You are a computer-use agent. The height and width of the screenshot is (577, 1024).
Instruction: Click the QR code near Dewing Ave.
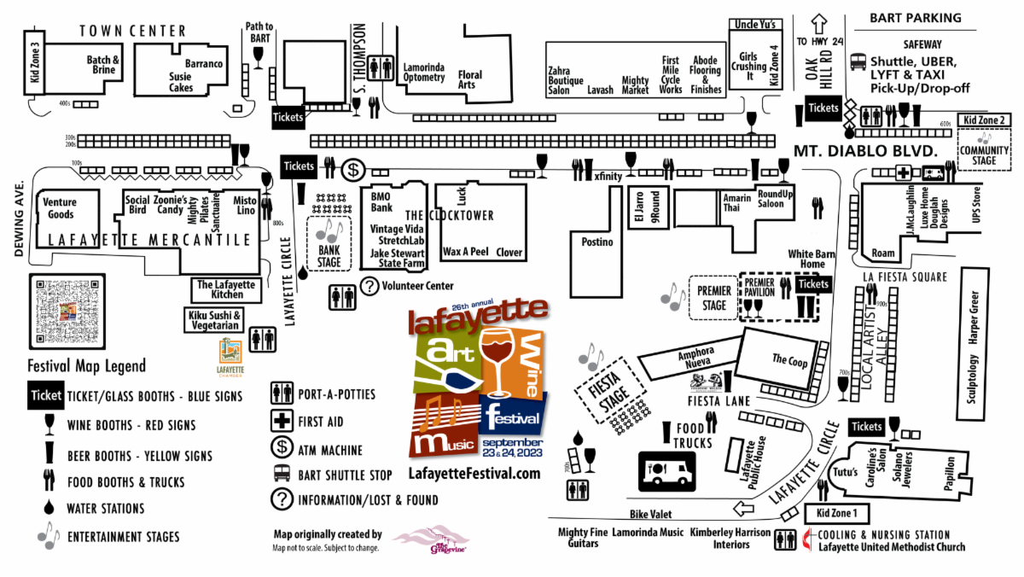67,311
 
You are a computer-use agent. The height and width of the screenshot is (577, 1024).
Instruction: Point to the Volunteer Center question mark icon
370,286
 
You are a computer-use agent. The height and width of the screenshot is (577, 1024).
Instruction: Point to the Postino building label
598,242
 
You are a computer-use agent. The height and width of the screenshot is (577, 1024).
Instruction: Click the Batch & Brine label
102,65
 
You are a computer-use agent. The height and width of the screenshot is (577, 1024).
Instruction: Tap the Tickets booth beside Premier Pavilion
813,283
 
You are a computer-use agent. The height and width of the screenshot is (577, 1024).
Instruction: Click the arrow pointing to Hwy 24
819,23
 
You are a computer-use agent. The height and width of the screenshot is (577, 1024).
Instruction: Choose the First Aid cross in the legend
282,421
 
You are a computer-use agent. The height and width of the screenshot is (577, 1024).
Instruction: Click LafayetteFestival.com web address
475,473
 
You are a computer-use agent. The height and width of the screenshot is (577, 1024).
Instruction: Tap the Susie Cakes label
181,82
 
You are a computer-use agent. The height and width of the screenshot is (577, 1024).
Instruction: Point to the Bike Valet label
651,514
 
